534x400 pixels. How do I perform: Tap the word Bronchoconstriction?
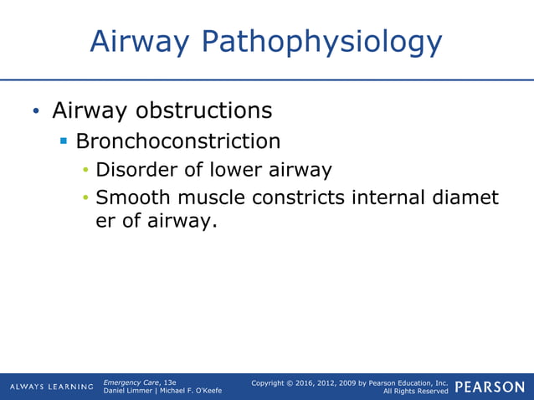[177, 141]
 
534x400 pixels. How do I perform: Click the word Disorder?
[137, 171]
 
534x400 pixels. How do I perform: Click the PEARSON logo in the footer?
[490, 387]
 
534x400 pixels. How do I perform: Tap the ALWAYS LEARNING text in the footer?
[51, 387]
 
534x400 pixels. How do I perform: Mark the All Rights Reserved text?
[415, 392]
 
